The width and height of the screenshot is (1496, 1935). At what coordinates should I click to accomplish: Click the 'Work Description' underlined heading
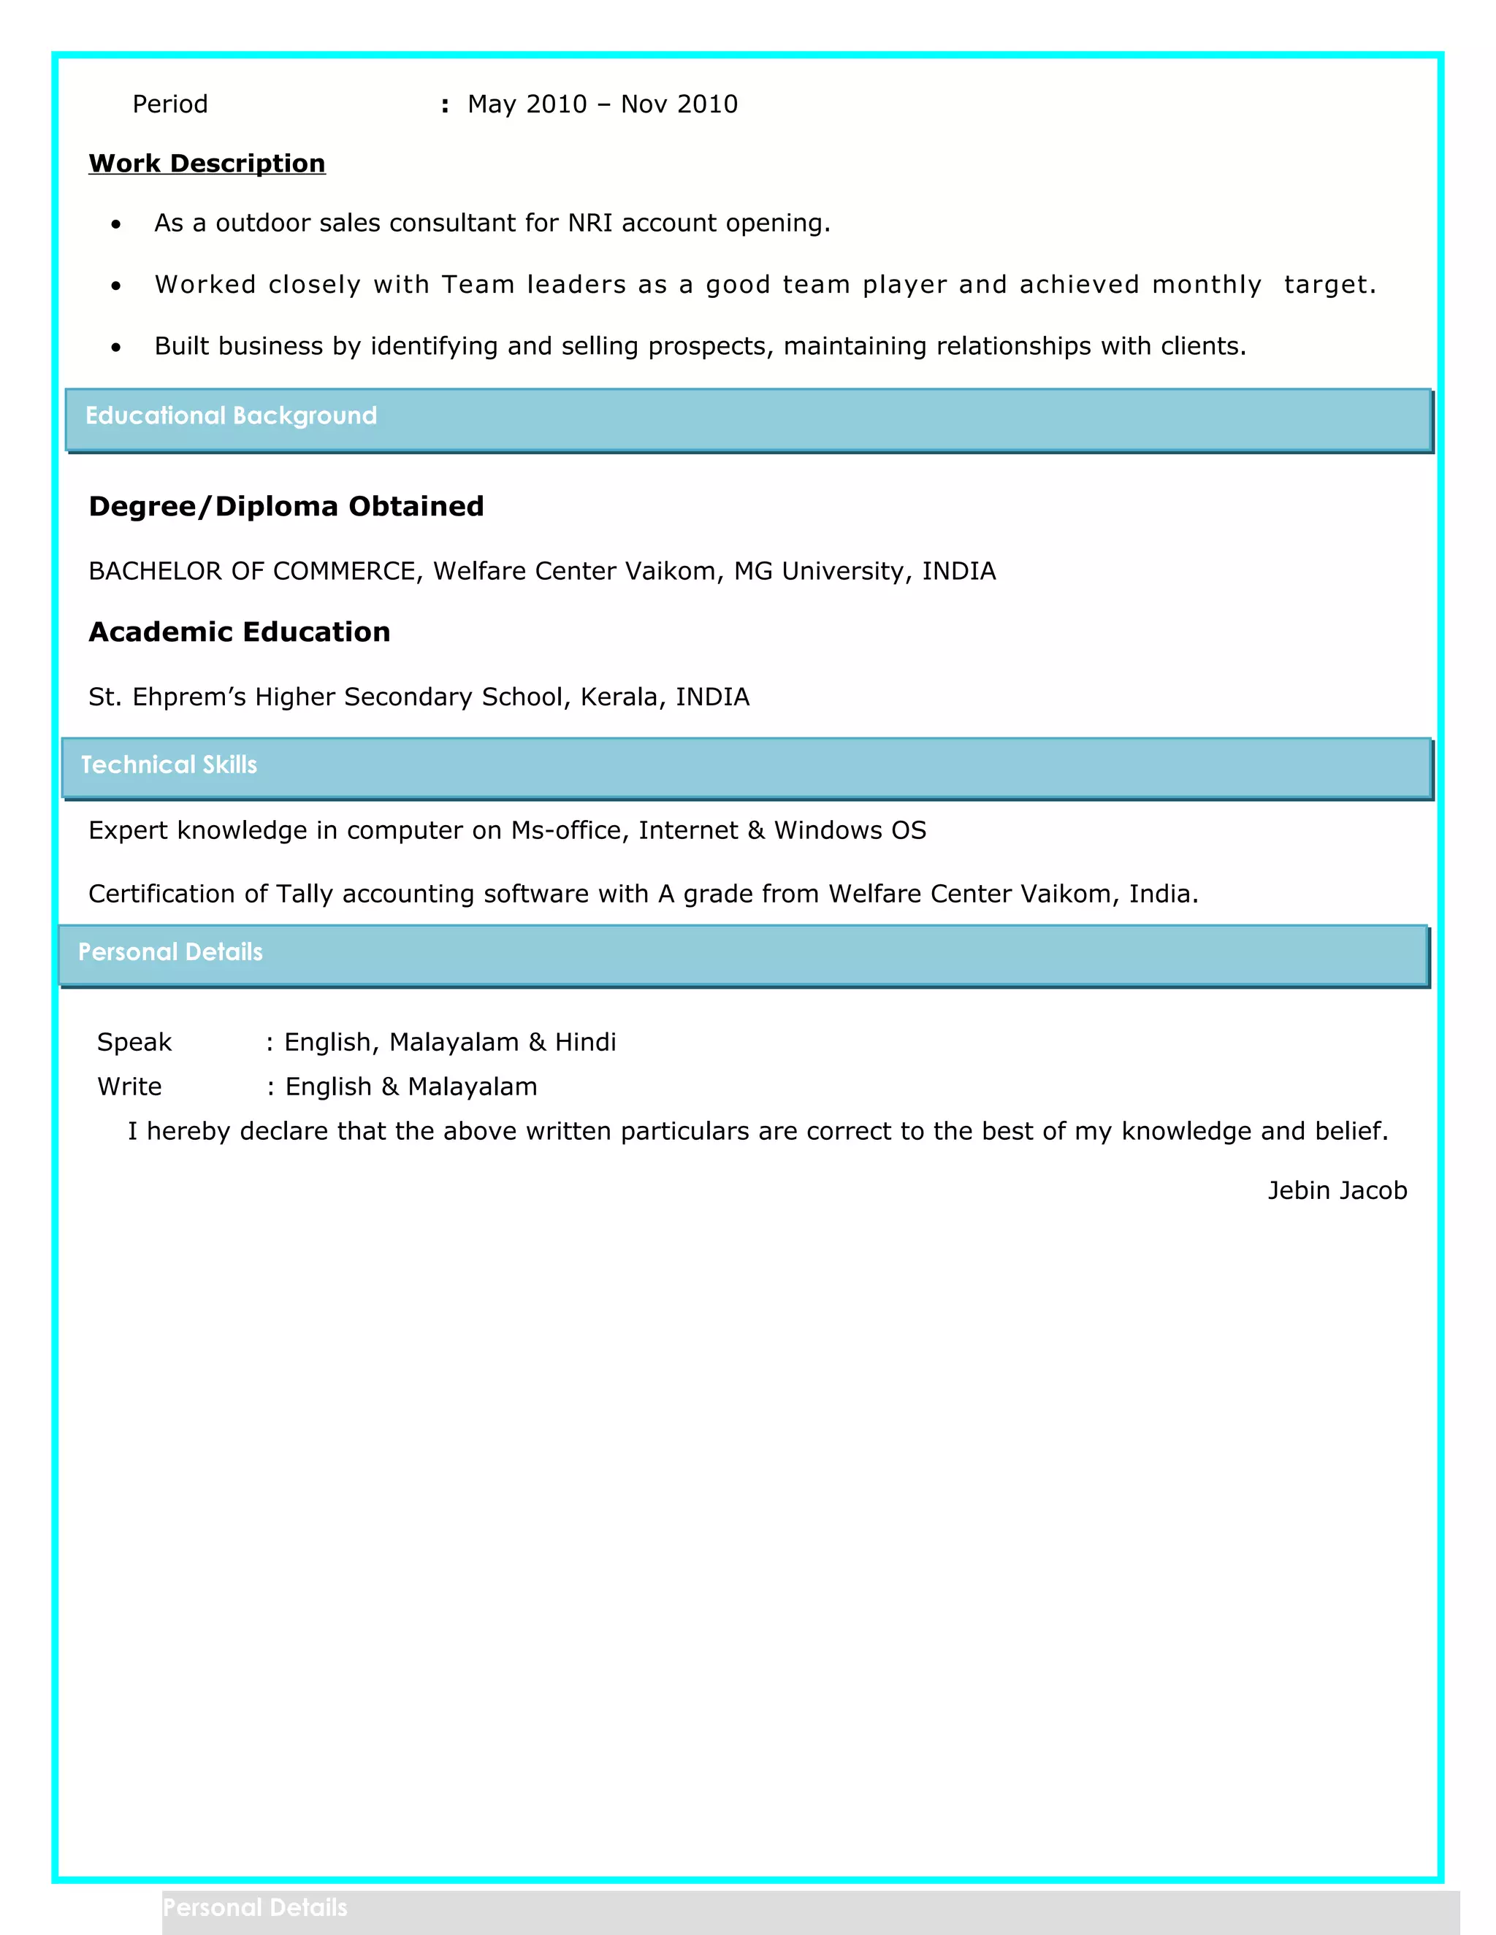click(x=207, y=164)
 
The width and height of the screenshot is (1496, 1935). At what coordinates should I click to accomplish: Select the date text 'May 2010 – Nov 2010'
click(x=603, y=104)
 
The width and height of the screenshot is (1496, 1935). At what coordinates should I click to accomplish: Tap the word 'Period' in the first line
click(x=169, y=104)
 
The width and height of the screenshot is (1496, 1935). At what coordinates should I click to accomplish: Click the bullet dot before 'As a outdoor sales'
click(x=116, y=225)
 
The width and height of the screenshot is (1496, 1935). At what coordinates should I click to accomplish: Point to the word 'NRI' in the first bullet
click(x=590, y=223)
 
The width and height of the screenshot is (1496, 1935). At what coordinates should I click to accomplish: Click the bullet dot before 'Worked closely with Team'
click(x=116, y=286)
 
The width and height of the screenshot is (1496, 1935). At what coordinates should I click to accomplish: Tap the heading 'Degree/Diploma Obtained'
click(x=286, y=506)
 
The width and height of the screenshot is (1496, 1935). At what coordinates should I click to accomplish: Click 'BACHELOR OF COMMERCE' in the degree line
click(x=252, y=572)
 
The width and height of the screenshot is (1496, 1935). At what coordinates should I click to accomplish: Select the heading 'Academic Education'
click(x=240, y=632)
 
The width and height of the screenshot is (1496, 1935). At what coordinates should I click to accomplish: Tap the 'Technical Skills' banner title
click(x=169, y=765)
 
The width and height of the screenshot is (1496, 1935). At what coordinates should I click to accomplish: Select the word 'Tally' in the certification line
click(x=304, y=894)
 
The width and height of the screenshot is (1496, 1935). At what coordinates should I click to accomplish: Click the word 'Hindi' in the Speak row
click(x=585, y=1042)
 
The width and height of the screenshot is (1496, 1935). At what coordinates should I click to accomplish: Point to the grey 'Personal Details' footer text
click(x=255, y=1907)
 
